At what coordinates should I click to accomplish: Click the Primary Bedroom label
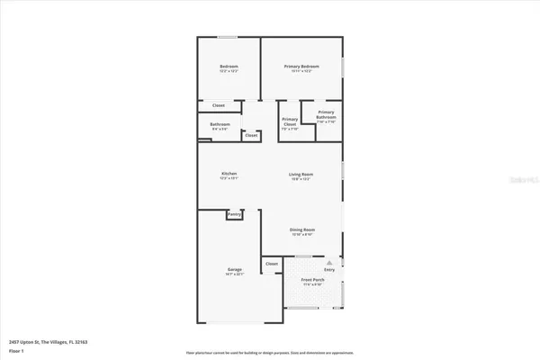301,67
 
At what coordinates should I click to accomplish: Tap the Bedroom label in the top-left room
229,67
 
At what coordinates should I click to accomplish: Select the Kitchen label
229,174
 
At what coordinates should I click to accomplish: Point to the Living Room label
301,174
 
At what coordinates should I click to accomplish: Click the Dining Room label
301,230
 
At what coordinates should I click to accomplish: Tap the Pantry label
234,214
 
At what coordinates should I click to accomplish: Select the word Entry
329,268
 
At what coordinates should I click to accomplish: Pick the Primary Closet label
290,121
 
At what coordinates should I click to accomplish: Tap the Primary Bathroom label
326,114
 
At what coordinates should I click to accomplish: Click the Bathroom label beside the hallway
220,124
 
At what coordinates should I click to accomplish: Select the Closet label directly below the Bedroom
219,105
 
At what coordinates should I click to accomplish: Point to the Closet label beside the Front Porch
272,264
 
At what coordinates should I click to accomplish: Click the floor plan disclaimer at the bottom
269,352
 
